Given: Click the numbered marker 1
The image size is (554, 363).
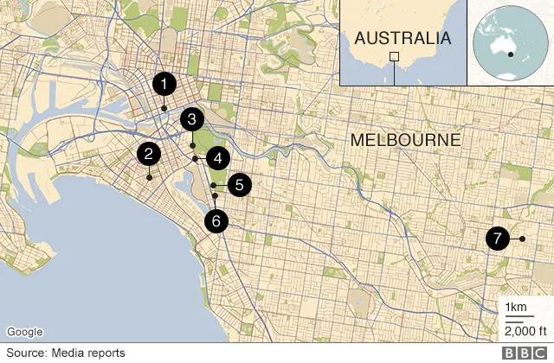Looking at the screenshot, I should tap(164, 84).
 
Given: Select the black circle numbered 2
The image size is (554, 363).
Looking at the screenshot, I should tap(149, 155).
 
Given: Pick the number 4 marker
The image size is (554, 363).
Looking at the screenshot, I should tap(218, 158).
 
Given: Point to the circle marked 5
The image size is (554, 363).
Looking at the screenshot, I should tap(239, 184).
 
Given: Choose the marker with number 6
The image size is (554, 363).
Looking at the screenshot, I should tap(216, 220).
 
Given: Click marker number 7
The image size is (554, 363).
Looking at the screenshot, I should tap(497, 238).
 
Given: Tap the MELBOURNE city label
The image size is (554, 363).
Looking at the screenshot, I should tap(405, 140).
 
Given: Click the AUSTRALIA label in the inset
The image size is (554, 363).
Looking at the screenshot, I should tap(403, 38).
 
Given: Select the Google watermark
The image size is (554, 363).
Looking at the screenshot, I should tap(25, 332).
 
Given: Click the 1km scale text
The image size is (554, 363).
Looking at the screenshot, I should tap(514, 309).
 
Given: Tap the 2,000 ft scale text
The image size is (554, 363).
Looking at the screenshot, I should tap(523, 330).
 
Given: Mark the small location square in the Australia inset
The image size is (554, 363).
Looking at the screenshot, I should tap(395, 57).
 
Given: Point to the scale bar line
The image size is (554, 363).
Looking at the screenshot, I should tap(514, 319).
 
